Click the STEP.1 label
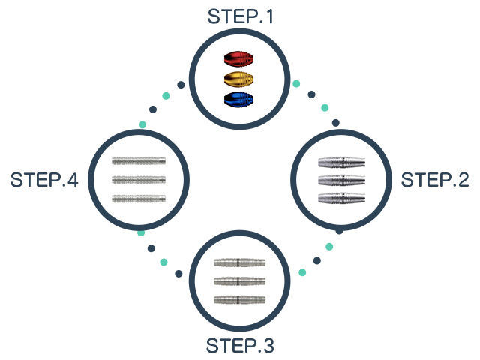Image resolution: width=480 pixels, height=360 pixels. tap(240, 16)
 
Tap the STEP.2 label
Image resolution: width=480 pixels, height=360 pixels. tap(435, 180)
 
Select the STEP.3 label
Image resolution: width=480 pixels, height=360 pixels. tap(240, 346)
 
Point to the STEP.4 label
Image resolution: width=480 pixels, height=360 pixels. tap(44, 180)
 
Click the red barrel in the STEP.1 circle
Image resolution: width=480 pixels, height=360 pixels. tap(238, 58)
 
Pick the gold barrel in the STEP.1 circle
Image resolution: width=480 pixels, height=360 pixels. tap(238, 79)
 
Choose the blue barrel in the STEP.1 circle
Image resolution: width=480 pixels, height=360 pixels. tap(238, 99)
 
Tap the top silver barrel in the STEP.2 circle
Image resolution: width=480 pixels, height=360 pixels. tap(342, 162)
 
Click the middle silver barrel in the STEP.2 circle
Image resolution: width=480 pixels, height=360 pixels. tap(342, 180)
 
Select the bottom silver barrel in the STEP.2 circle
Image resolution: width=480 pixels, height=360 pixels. tap(342, 198)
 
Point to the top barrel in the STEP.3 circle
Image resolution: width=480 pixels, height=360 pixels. tap(240, 262)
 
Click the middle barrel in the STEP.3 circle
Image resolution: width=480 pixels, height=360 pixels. tap(240, 281)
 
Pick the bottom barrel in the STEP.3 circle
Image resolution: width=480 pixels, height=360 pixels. tap(240, 299)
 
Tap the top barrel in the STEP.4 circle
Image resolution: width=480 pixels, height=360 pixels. tap(139, 160)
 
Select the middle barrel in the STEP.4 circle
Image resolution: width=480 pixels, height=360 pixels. tap(139, 180)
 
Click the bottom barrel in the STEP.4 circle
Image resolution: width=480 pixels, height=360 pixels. tap(139, 199)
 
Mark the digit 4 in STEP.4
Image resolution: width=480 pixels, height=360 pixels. tap(72, 180)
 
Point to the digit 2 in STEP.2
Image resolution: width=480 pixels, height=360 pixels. tap(463, 180)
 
